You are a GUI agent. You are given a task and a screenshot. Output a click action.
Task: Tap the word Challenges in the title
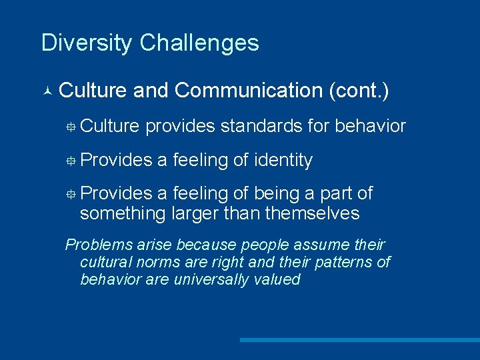(x=199, y=43)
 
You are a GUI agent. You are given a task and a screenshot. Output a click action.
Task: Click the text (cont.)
(x=359, y=90)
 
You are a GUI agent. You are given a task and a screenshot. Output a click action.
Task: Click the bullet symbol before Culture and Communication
(x=46, y=91)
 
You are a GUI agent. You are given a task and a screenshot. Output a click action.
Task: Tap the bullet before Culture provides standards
(x=71, y=127)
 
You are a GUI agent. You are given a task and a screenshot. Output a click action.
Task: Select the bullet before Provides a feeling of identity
(x=71, y=161)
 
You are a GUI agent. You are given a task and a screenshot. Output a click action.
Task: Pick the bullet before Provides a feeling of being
(x=71, y=194)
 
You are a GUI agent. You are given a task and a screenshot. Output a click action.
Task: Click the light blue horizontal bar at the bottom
(x=359, y=340)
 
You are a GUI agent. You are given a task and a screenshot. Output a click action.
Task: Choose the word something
(x=123, y=213)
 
